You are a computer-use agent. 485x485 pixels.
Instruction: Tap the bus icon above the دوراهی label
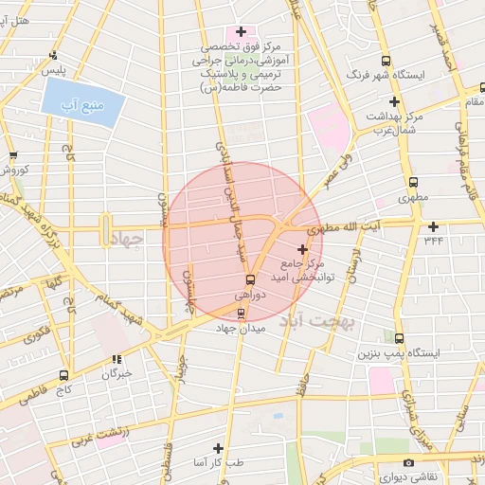tap(250, 279)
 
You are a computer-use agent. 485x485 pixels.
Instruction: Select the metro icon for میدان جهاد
tap(241, 314)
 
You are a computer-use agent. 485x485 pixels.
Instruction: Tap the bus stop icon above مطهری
tap(412, 183)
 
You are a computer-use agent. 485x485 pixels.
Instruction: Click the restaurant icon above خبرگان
tap(117, 359)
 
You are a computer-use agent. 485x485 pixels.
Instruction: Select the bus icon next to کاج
tap(63, 375)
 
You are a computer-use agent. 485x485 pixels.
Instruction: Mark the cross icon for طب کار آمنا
tap(218, 448)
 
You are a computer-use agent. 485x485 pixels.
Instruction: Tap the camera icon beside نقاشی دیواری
tap(408, 463)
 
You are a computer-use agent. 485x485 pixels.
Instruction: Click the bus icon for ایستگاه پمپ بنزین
tap(399, 338)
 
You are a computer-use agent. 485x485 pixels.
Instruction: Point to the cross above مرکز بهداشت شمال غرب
tap(394, 101)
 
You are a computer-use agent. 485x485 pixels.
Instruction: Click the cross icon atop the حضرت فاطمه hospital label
tap(242, 31)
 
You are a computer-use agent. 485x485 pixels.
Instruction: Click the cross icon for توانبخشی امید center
tap(302, 248)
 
